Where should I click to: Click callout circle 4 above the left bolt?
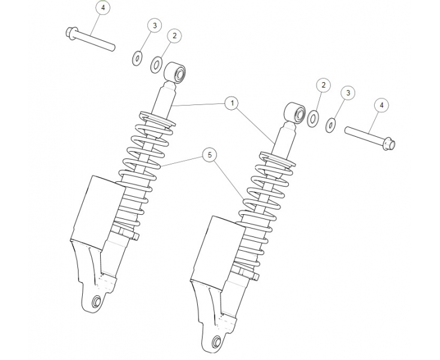[103, 8]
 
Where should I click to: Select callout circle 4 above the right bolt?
[382, 104]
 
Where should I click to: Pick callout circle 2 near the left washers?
[174, 36]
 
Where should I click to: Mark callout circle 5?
[209, 155]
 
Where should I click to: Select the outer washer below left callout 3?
[137, 58]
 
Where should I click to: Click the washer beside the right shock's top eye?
[312, 118]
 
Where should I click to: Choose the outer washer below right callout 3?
[330, 126]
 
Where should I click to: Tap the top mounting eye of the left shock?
[176, 72]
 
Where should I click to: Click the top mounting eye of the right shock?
[294, 112]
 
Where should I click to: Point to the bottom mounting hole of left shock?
[96, 301]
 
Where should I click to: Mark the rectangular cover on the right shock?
[213, 249]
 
